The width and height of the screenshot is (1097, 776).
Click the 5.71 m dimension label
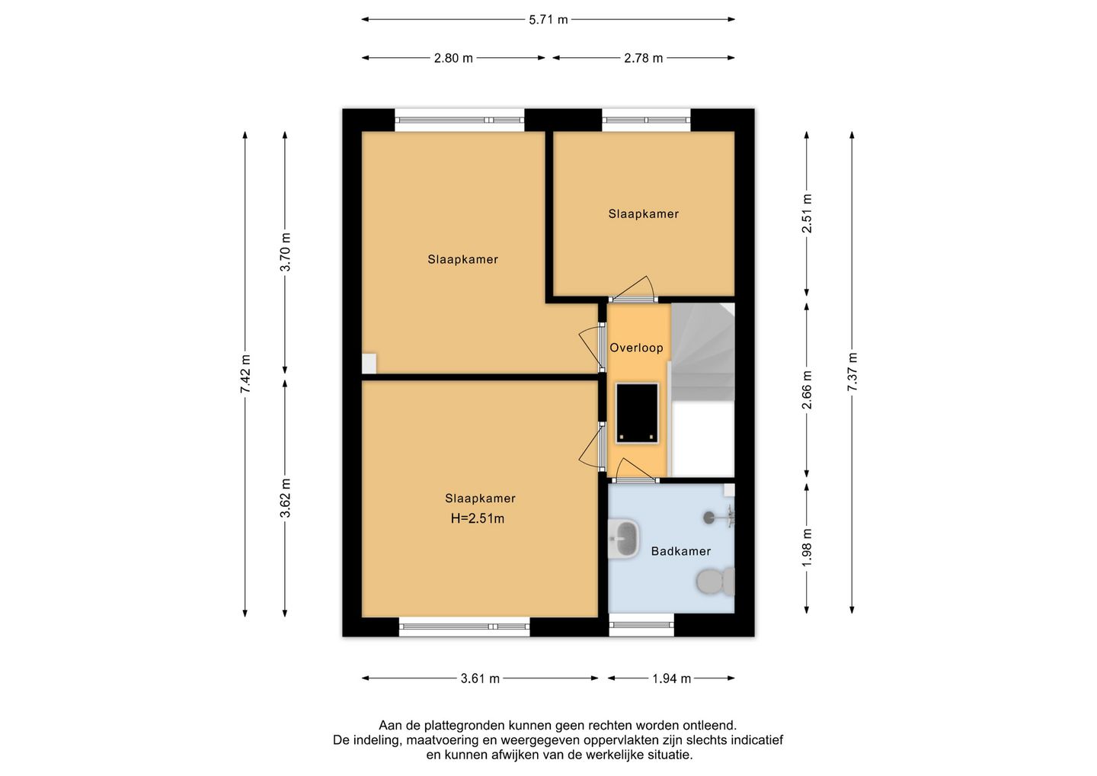click(x=548, y=20)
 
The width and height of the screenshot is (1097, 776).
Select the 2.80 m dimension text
click(x=453, y=58)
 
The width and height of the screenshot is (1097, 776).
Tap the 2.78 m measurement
click(x=643, y=58)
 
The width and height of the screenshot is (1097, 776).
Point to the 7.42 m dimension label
click(x=245, y=374)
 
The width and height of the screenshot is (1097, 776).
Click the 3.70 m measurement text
click(x=285, y=252)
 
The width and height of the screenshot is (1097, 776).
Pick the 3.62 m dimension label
click(x=285, y=498)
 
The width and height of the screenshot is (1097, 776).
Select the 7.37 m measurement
click(x=852, y=372)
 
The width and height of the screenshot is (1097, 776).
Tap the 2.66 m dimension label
click(x=807, y=390)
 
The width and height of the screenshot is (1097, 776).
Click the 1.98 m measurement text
click(x=807, y=548)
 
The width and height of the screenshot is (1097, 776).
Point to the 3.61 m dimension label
click(x=480, y=678)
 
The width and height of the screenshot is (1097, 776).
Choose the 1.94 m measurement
click(x=671, y=678)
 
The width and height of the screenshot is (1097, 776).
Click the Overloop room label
click(x=636, y=348)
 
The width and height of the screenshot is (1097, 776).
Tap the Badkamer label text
click(x=681, y=551)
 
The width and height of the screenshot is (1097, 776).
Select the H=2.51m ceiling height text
click(x=478, y=518)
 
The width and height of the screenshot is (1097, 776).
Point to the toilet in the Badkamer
click(x=715, y=582)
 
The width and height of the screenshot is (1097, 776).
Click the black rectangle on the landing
click(x=637, y=413)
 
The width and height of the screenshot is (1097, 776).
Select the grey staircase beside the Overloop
click(x=702, y=351)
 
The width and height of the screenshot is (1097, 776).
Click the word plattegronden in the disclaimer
click(x=465, y=725)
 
